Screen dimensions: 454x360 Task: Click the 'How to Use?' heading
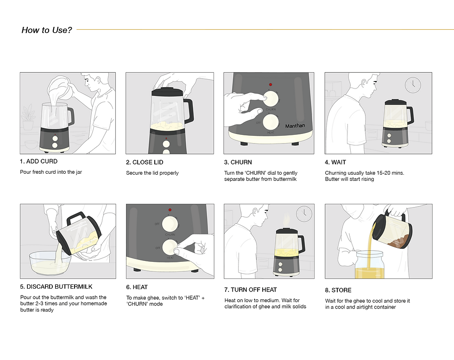(47, 30)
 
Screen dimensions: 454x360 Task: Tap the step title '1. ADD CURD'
(39, 161)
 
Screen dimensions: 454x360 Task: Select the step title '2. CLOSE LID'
(145, 162)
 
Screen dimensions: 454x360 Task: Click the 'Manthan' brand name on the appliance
(295, 126)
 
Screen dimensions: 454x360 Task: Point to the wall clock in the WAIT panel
(413, 85)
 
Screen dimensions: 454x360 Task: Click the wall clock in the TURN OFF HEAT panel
(304, 214)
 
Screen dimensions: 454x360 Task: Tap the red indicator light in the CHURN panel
(271, 85)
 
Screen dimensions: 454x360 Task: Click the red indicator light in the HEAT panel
(170, 210)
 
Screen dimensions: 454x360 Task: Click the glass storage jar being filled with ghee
(370, 265)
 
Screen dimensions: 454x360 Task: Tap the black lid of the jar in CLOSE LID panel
(167, 92)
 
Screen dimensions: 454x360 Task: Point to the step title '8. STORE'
(338, 290)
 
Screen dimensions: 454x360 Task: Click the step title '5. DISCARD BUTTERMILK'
(56, 287)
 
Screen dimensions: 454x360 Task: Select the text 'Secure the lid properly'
(152, 173)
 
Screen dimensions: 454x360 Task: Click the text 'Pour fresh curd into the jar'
(51, 172)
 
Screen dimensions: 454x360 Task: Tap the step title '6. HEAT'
(137, 287)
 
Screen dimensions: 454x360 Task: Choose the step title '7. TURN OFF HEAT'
(251, 290)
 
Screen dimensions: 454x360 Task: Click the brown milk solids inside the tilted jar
(398, 241)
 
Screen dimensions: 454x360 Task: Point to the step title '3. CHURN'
(238, 162)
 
